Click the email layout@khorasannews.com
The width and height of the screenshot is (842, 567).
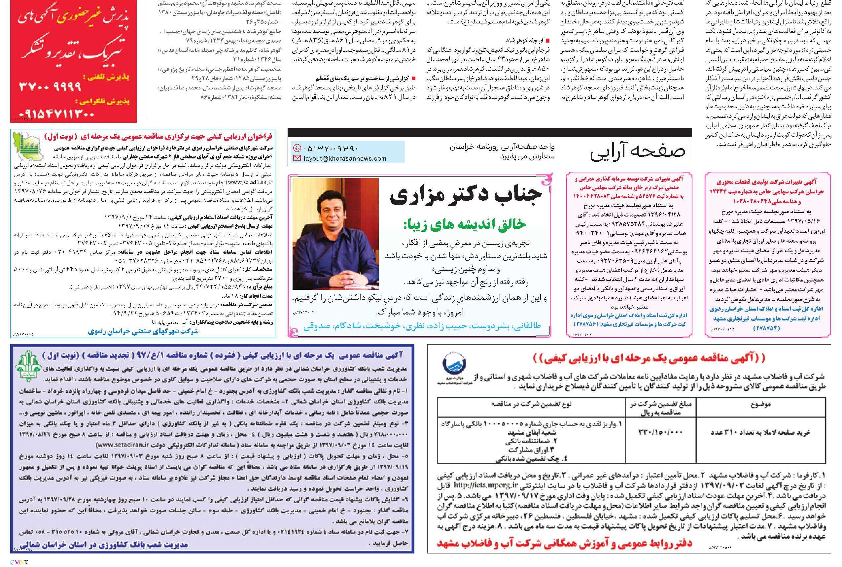pos(345,158)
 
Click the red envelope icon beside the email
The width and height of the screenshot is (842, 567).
pos(297,158)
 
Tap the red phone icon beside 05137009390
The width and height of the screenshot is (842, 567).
pos(297,148)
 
